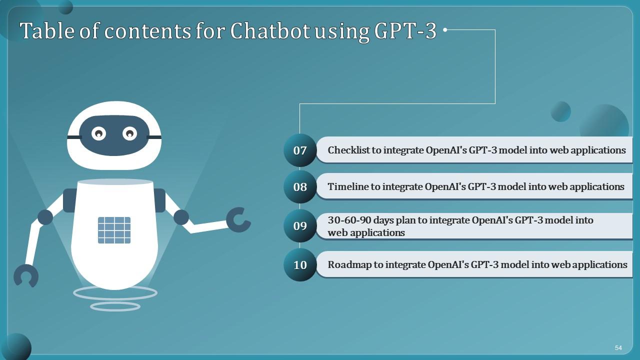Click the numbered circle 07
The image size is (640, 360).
click(x=300, y=150)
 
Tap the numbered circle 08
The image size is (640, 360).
click(x=300, y=187)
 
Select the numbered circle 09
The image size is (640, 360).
click(x=300, y=226)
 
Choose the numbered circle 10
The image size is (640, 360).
click(x=300, y=264)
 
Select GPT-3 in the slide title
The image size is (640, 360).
click(x=405, y=31)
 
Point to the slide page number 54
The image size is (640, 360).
click(x=618, y=347)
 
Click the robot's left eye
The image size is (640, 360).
click(x=99, y=133)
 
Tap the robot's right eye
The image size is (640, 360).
click(x=129, y=133)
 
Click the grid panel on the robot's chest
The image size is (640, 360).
click(x=114, y=230)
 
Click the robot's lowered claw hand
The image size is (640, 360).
click(x=26, y=276)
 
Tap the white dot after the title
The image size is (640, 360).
click(x=445, y=30)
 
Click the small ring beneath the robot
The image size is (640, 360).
click(x=115, y=306)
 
